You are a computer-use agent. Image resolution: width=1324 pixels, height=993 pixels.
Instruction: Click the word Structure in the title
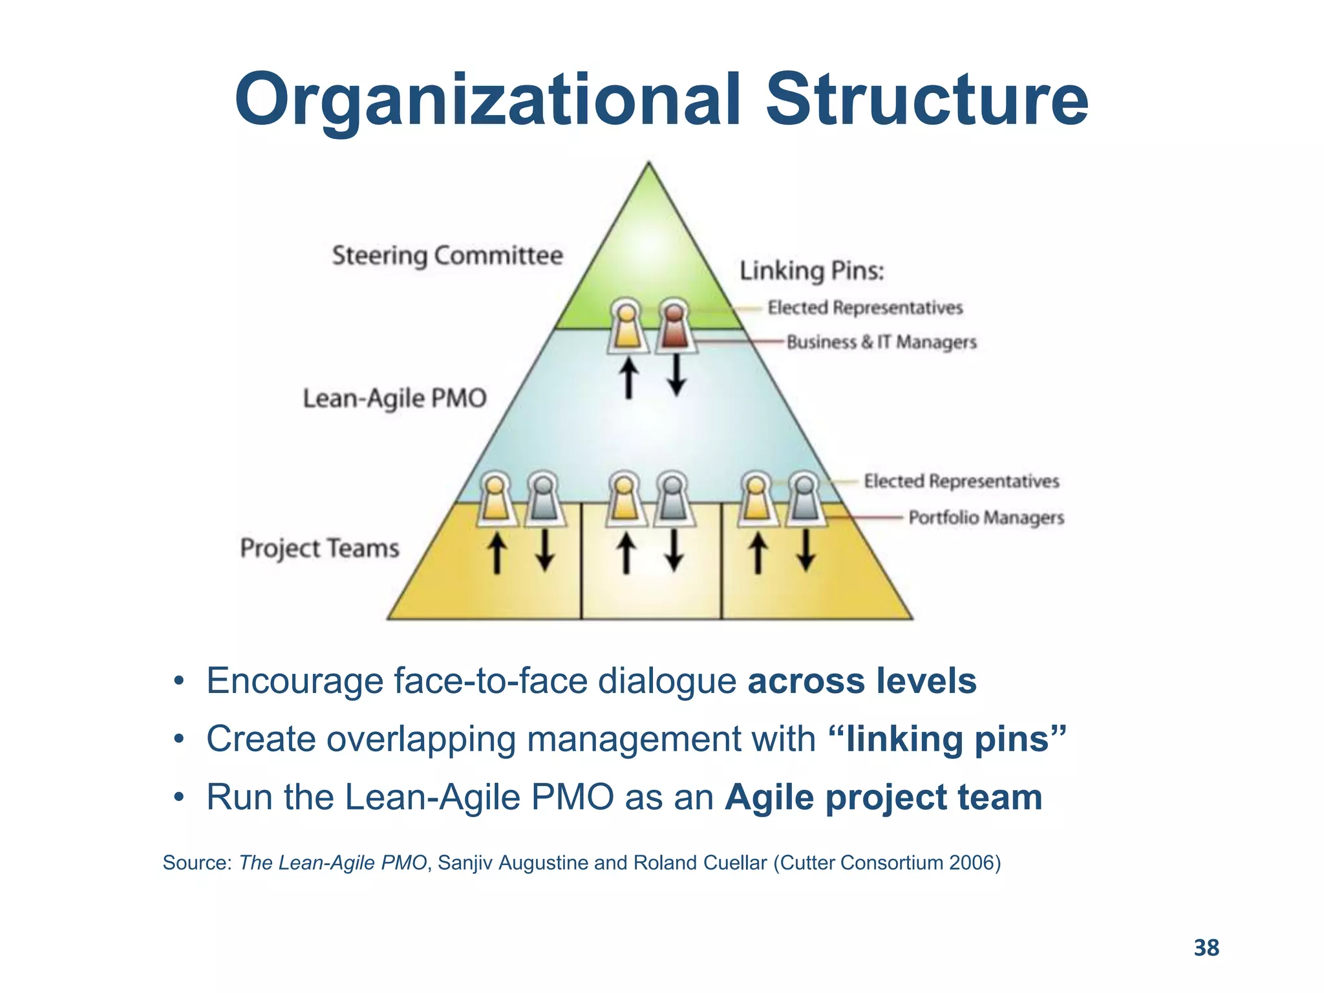click(x=927, y=100)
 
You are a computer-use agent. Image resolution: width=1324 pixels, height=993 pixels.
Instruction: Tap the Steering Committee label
click(x=447, y=255)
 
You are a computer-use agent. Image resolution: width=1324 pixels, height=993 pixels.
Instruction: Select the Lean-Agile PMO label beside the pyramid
click(x=394, y=398)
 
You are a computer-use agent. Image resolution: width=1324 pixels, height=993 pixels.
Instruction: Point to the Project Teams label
click(x=320, y=548)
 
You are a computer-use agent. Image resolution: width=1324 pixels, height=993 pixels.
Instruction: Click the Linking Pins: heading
click(x=811, y=271)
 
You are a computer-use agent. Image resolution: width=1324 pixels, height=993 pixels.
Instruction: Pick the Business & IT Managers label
click(x=881, y=342)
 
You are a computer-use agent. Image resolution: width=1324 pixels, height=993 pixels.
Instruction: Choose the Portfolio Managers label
click(x=986, y=517)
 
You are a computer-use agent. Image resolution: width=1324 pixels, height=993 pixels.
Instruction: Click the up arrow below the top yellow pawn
click(x=628, y=379)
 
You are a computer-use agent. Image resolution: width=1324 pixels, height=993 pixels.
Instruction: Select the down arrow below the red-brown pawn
click(x=676, y=376)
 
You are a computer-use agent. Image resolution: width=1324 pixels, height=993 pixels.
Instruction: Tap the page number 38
click(x=1206, y=948)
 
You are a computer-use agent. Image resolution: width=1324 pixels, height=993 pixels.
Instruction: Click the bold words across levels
click(x=861, y=681)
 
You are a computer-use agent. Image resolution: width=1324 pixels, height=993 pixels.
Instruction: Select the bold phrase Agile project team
click(x=883, y=797)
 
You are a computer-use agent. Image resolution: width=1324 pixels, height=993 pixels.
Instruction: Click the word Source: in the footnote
click(x=197, y=862)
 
